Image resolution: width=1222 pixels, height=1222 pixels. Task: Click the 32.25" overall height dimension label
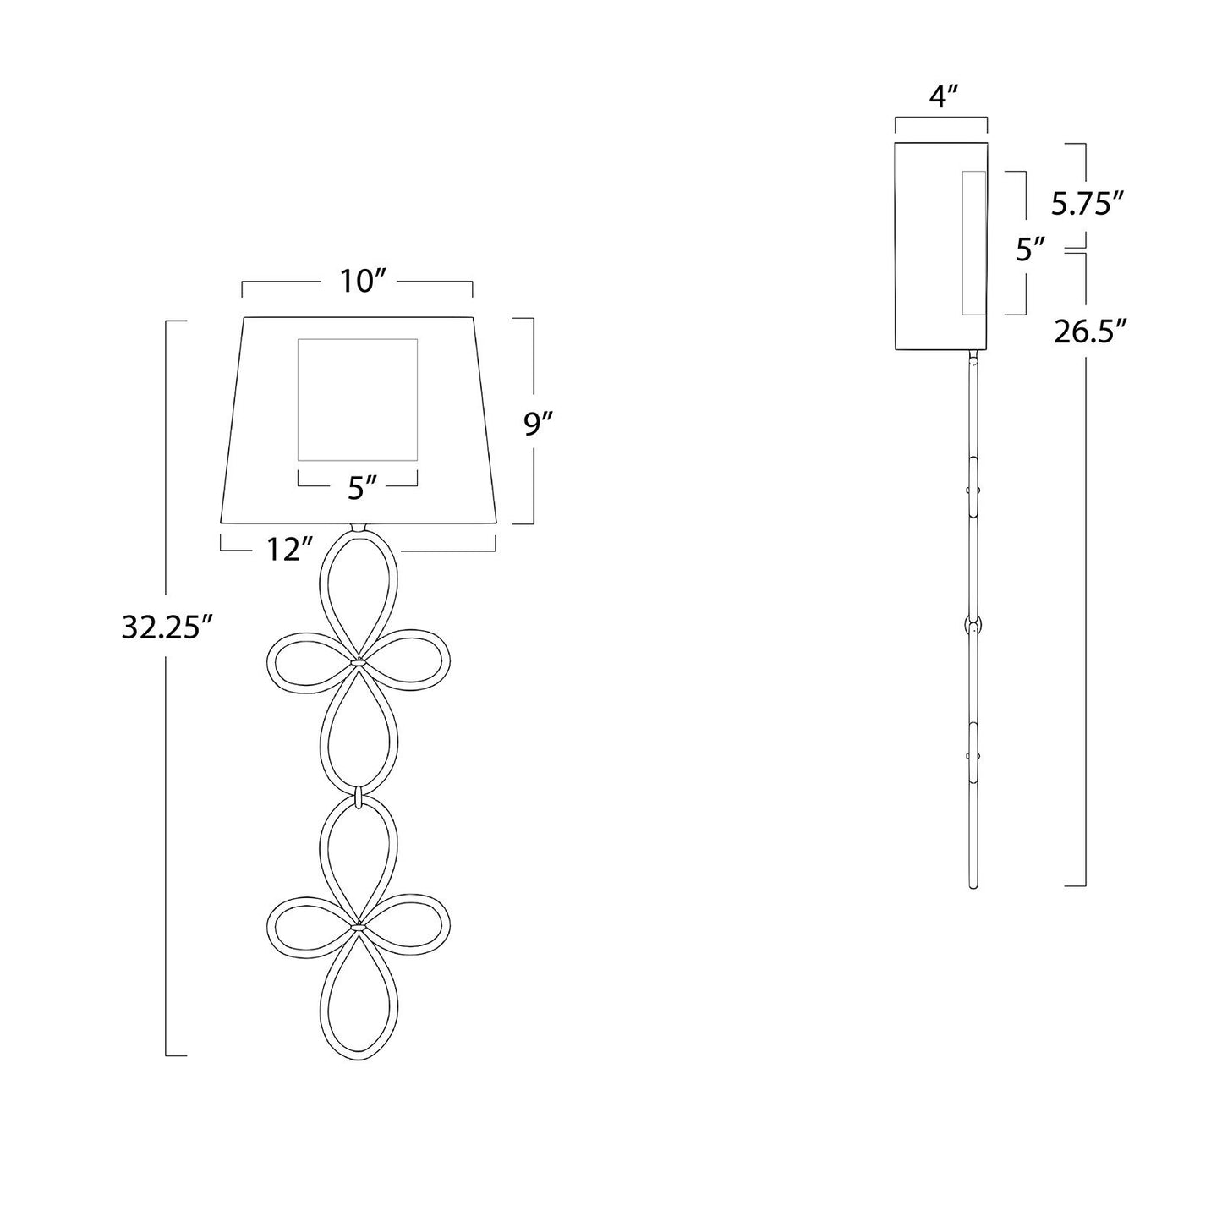161,627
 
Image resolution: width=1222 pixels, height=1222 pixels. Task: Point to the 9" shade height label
539,424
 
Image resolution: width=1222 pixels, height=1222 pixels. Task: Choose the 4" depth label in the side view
941,97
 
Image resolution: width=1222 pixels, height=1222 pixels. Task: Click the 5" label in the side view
1028,249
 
